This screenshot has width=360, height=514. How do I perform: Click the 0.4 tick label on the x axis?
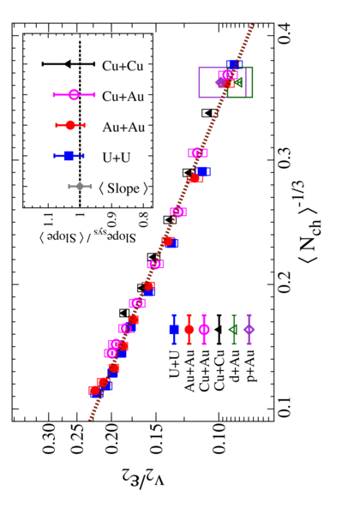click(x=284, y=33)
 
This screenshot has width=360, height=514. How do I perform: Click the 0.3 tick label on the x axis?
click(x=284, y=158)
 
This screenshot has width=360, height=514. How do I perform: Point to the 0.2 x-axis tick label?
click(x=284, y=283)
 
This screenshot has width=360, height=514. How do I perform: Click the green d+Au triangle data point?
click(x=238, y=82)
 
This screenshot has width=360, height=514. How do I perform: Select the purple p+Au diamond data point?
click(x=220, y=82)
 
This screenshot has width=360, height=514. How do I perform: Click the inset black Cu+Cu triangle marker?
click(x=67, y=64)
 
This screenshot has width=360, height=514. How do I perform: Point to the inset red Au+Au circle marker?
click(x=70, y=125)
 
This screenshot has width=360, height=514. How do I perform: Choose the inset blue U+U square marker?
click(x=69, y=156)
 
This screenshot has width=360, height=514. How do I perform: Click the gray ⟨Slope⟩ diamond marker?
click(x=80, y=187)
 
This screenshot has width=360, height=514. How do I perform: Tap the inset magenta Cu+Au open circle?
click(x=74, y=95)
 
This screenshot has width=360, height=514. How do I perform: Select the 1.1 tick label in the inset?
click(x=49, y=218)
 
